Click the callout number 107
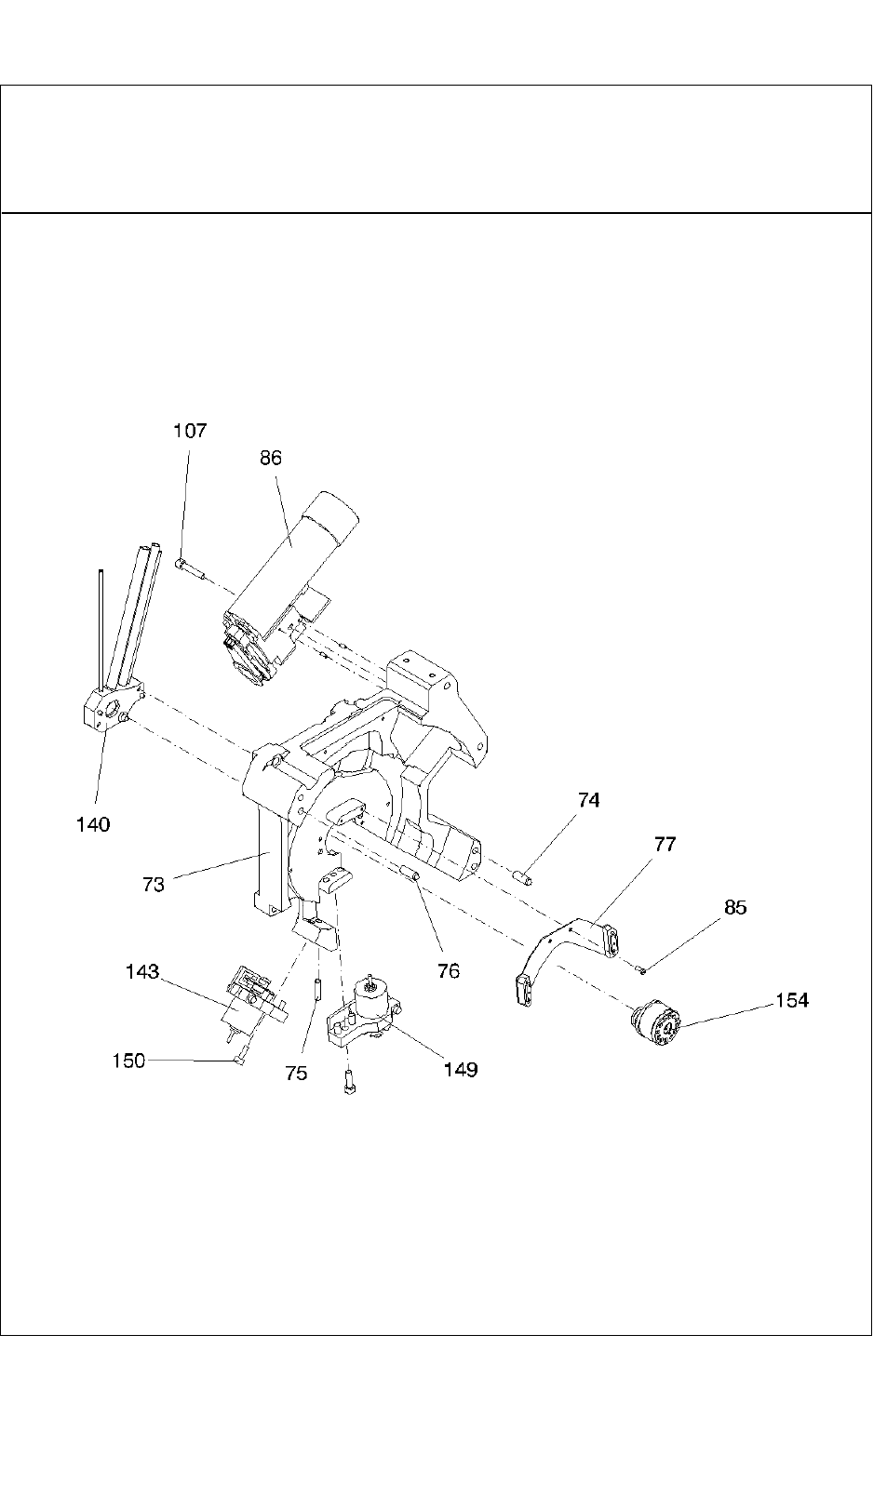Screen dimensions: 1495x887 click(x=190, y=431)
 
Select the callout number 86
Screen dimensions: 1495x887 click(x=271, y=458)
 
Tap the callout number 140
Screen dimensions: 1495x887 click(x=93, y=823)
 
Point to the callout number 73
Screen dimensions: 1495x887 click(x=154, y=884)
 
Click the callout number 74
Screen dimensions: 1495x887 click(x=588, y=800)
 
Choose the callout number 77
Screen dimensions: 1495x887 click(x=665, y=845)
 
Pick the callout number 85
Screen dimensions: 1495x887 click(x=735, y=907)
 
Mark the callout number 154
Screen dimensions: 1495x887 click(x=791, y=1000)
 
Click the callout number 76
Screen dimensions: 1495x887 click(x=449, y=970)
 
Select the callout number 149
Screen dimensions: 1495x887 click(x=461, y=1070)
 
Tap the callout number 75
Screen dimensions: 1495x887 click(x=296, y=1073)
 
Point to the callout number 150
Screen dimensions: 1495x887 click(x=128, y=1061)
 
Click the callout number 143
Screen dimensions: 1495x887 click(x=142, y=971)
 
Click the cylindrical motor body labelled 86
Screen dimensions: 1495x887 click(x=307, y=549)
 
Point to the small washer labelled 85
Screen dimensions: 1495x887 click(x=641, y=970)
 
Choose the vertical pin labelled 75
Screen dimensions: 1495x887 click(x=317, y=987)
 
